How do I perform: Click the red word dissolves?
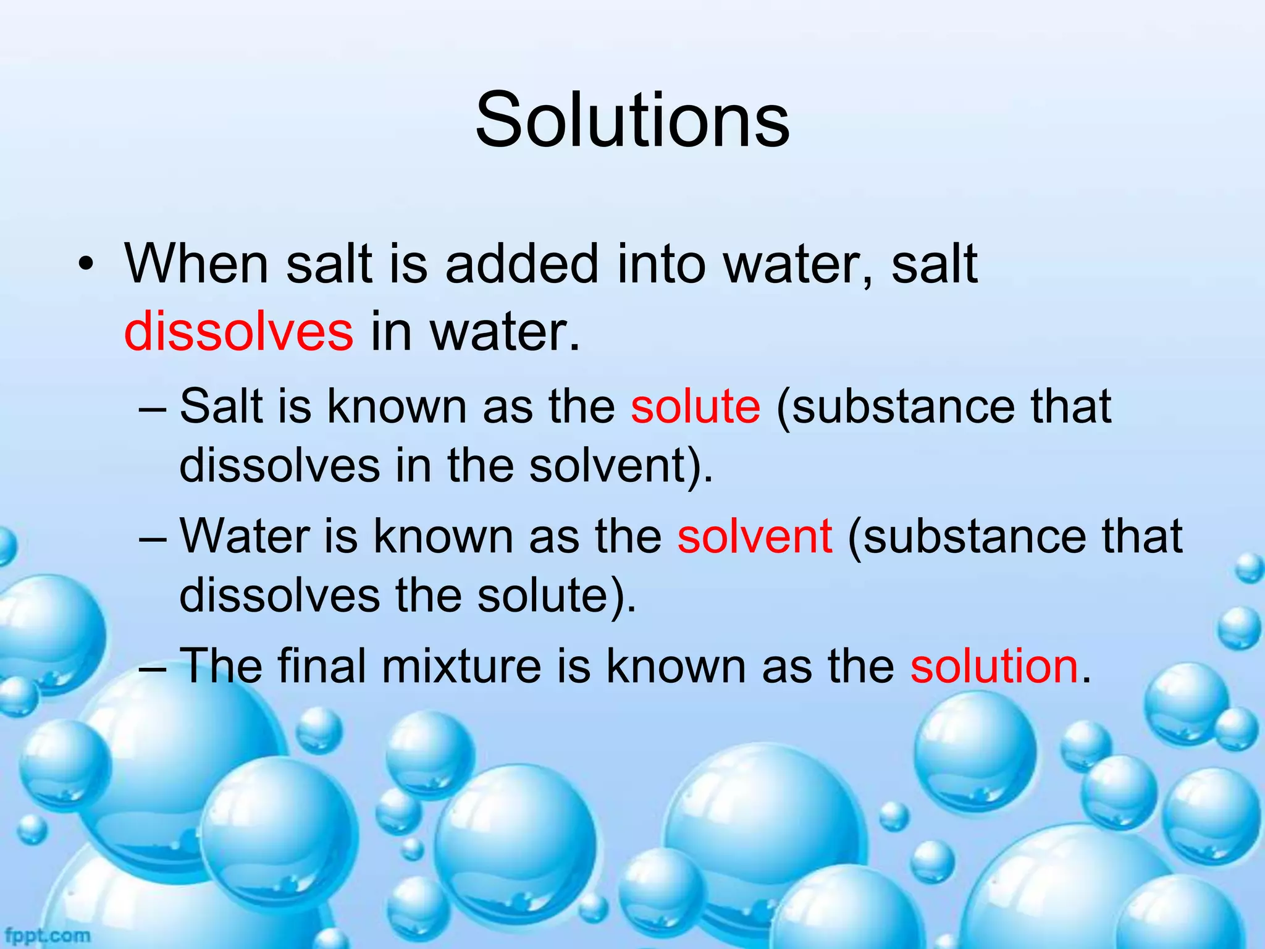238,332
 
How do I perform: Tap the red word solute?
696,406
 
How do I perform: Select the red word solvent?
754,536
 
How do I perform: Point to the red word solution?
994,665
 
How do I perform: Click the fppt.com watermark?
47,935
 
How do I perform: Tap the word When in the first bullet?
196,264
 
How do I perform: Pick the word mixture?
461,665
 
